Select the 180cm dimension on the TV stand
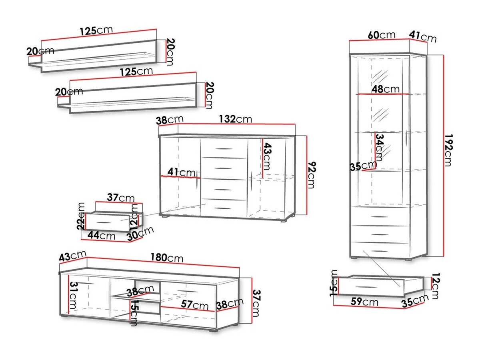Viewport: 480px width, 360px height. (x=167, y=258)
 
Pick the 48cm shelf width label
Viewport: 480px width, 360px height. (x=385, y=89)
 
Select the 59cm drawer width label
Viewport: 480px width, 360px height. (x=365, y=302)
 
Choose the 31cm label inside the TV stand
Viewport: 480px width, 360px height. (x=73, y=297)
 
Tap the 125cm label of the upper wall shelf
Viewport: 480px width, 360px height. (x=96, y=30)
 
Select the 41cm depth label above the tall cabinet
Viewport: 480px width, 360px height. (x=423, y=37)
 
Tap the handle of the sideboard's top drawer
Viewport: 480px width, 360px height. (x=223, y=149)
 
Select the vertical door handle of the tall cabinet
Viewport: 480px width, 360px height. (x=406, y=140)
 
